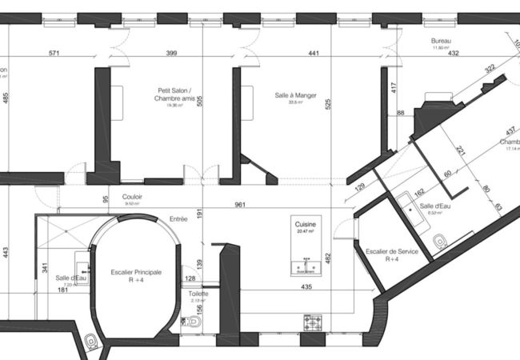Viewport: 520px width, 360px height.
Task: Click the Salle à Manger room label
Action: [295, 95]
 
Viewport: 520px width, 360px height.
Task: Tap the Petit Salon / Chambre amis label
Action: [169, 95]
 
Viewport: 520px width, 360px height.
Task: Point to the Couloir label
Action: [133, 195]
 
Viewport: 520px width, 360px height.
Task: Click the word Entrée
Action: [178, 218]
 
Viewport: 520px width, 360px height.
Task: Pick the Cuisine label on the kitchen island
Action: [306, 226]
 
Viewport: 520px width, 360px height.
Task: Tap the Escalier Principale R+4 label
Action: [136, 276]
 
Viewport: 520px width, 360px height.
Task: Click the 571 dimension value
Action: [54, 54]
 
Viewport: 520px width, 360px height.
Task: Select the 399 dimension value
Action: [170, 54]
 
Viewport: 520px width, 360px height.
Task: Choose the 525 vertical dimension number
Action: [328, 103]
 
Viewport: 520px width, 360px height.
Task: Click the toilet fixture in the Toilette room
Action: [192, 322]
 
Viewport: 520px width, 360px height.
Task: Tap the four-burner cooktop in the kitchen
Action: [312, 322]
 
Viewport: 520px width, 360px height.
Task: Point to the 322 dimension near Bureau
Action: [490, 70]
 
